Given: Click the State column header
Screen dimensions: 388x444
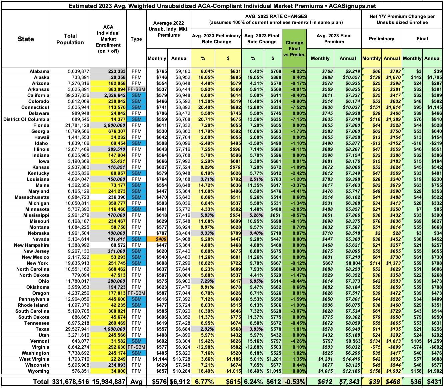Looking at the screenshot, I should click(x=26, y=39).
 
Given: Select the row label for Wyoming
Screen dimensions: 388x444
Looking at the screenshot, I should click(x=39, y=371).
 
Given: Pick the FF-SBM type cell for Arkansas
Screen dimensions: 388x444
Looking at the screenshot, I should click(x=136, y=89).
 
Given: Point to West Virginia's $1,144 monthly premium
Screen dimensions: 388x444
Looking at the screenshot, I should click(x=157, y=359).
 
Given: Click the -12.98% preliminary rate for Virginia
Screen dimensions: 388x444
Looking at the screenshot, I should click(x=203, y=347).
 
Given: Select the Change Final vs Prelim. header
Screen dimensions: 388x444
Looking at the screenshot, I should click(x=294, y=48).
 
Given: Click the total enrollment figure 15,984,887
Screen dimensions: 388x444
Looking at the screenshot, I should click(x=108, y=382).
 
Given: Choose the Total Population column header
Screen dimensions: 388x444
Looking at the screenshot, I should click(x=70, y=39).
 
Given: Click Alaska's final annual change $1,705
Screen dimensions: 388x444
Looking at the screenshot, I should click(x=433, y=77).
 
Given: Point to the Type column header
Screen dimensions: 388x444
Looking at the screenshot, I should click(x=136, y=39).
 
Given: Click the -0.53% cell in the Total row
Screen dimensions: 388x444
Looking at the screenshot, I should click(x=294, y=382).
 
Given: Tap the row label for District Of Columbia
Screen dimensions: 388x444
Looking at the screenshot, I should click(x=27, y=119).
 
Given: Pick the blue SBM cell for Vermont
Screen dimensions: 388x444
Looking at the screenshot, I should click(x=136, y=341).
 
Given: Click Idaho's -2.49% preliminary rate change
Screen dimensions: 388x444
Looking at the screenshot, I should click(x=203, y=143).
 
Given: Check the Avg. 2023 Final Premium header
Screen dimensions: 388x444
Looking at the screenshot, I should click(x=334, y=39).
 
